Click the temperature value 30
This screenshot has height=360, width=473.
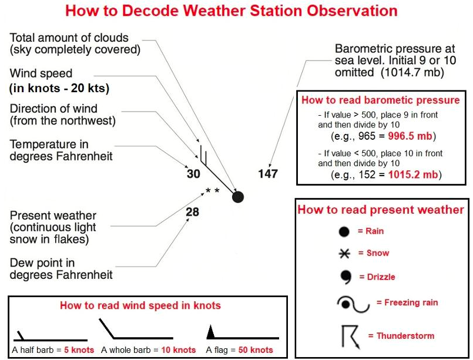tap(193, 174)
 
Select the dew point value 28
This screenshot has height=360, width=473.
tap(192, 212)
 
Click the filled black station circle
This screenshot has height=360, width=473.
tap(237, 197)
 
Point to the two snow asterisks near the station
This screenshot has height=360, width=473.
tap(212, 191)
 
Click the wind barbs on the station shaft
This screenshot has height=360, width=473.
tap(203, 154)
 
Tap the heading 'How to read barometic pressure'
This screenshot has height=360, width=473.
tap(380, 100)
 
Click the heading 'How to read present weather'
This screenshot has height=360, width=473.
tap(380, 210)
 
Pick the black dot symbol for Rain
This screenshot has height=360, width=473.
tap(344, 232)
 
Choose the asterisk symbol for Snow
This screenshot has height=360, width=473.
tap(345, 254)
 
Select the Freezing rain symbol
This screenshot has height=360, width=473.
tap(353, 304)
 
